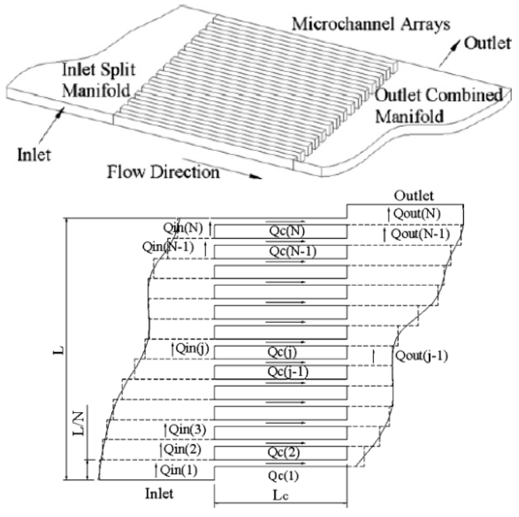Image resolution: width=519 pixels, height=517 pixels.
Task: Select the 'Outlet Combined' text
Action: pos(438,95)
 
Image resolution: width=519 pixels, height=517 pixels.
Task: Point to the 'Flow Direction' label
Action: pos(163,172)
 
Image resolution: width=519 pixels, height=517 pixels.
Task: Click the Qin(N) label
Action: pos(183,228)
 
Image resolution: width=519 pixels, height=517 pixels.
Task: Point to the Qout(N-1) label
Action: pos(420,234)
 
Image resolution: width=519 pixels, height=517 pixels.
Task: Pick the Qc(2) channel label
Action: pos(284,453)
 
